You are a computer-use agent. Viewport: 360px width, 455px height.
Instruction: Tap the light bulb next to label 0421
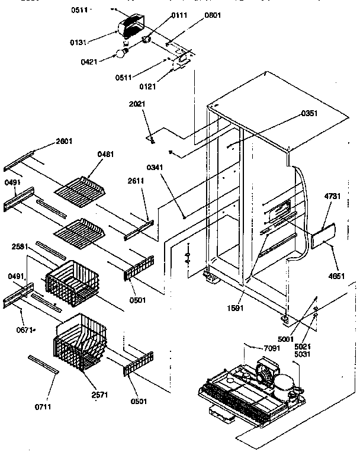[121, 54]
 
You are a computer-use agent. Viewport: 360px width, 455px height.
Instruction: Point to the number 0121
[148, 87]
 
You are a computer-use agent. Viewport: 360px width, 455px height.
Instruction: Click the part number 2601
[64, 140]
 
